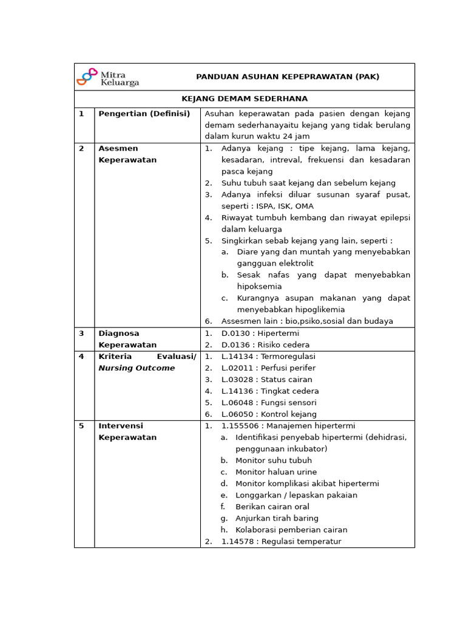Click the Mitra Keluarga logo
[108, 77]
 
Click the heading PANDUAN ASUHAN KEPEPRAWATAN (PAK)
[287, 77]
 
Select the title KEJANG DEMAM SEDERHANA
[245, 98]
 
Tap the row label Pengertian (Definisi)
[144, 114]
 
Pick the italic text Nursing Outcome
[137, 368]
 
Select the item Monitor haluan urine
[276, 472]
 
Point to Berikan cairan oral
[272, 507]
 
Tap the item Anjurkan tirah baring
[277, 518]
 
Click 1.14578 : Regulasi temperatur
[281, 541]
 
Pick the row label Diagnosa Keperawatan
[127, 339]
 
